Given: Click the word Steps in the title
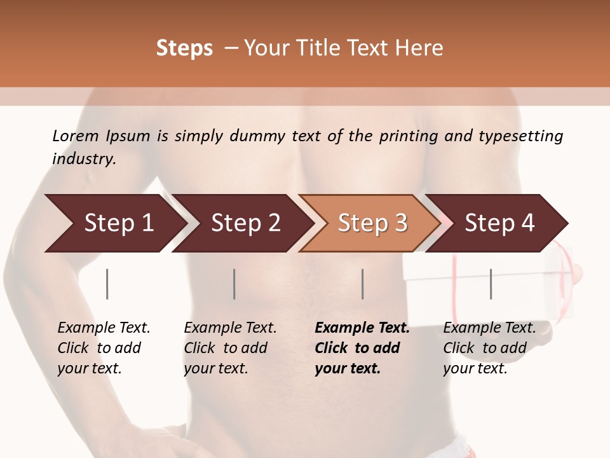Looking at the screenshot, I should click(184, 48).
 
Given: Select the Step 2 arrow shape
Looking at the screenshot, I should click(241, 223).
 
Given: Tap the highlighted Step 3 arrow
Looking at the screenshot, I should click(369, 223).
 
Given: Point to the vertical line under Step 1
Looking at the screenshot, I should click(107, 284).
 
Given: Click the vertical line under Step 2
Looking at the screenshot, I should click(234, 284).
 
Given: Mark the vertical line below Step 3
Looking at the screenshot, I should click(362, 284).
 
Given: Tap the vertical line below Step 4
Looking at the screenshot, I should click(491, 284).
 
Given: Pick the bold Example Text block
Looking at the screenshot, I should click(362, 348).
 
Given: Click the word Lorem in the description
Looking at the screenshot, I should click(76, 136).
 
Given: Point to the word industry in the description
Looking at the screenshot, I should click(84, 158).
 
